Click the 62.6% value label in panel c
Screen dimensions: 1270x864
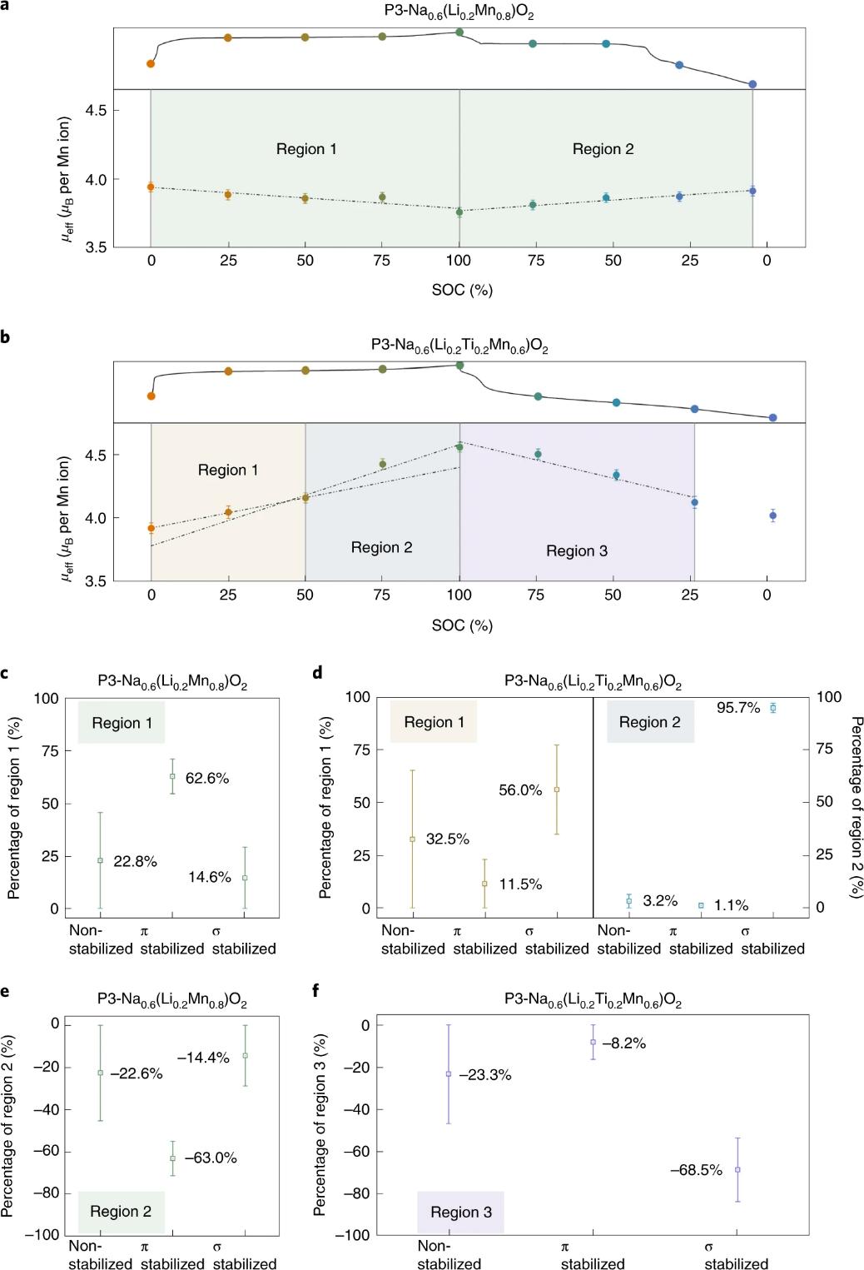[x=206, y=779]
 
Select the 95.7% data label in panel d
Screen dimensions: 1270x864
[x=738, y=708]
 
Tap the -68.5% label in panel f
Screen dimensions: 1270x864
[x=696, y=1170]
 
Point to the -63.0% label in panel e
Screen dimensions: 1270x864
[x=211, y=1158]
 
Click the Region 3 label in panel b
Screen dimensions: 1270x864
[x=576, y=550]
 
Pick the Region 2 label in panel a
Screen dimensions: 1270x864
[x=603, y=149]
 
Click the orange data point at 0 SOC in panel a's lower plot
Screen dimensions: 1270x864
[x=151, y=187]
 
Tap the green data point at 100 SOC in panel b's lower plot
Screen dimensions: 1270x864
[x=459, y=447]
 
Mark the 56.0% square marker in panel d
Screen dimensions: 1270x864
[x=557, y=789]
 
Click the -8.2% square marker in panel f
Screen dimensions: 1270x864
[x=593, y=1042]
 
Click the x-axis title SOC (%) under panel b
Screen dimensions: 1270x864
[x=462, y=625]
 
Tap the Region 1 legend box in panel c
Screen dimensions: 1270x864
[x=122, y=723]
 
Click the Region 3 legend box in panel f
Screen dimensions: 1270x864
[x=460, y=1212]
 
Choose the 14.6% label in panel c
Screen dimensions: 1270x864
[x=209, y=877]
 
